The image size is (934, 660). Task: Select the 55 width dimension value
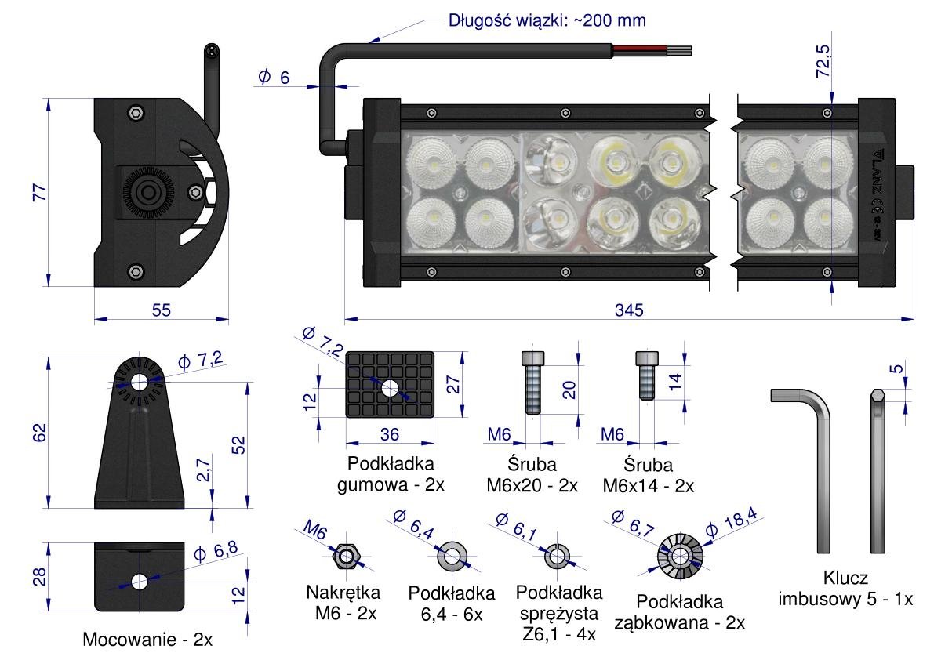click(x=161, y=310)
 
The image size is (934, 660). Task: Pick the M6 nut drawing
click(x=345, y=556)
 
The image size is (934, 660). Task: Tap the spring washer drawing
click(x=558, y=556)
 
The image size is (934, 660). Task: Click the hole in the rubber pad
click(x=389, y=388)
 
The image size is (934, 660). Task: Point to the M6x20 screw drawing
click(x=532, y=382)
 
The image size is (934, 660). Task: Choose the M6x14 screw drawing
click(x=645, y=375)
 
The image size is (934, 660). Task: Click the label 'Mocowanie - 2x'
click(x=147, y=640)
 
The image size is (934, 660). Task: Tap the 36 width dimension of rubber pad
click(x=389, y=433)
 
